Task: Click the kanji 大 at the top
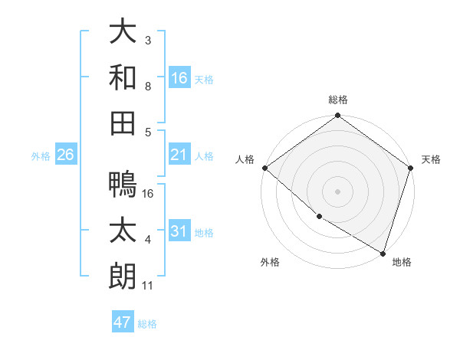point(123,32)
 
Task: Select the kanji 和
point(123,77)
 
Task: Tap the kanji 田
point(123,123)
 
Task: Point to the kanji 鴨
point(123,184)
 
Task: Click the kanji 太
point(123,231)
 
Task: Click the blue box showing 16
point(179,77)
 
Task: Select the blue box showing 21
point(179,155)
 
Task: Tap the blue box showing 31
point(179,231)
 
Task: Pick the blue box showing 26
point(65,155)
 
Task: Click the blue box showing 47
point(123,322)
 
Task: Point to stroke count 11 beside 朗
point(148,286)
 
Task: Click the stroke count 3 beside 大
point(148,39)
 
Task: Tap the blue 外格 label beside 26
point(41,156)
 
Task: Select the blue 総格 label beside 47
point(147,323)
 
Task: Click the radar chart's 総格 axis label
point(337,100)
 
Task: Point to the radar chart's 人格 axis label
point(245,159)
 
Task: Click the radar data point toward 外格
point(319,217)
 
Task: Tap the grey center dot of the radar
point(337,191)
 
